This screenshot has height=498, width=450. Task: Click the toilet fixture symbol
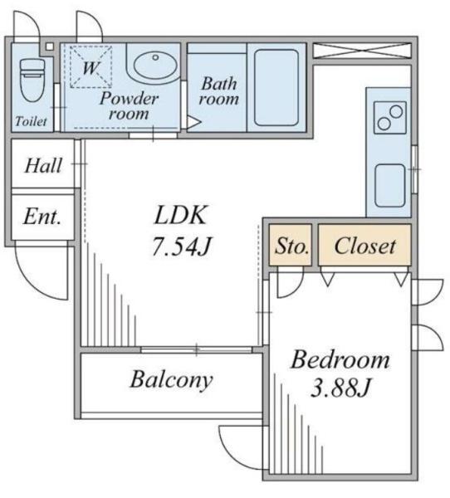[32, 80]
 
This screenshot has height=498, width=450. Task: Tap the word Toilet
[31, 121]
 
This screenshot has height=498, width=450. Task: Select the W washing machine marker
[90, 66]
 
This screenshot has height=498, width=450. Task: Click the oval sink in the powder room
[155, 65]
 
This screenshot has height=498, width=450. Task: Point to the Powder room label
[129, 106]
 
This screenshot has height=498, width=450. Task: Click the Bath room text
[218, 90]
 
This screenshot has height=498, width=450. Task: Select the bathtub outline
[276, 87]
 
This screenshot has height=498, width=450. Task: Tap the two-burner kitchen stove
[390, 118]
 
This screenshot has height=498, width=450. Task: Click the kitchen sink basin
[389, 185]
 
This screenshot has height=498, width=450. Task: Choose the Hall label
[43, 165]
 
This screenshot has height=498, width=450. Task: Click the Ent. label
[42, 217]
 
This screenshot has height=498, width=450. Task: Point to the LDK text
[181, 215]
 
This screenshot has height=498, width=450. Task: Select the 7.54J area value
[182, 246]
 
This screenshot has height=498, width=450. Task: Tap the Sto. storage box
[290, 245]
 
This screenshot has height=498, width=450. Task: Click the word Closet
[365, 246]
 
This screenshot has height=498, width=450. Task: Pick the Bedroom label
[340, 360]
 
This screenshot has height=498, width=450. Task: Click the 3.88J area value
[340, 388]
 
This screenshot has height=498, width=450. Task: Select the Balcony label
[171, 380]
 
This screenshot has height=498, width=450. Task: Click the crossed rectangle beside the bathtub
[362, 51]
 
